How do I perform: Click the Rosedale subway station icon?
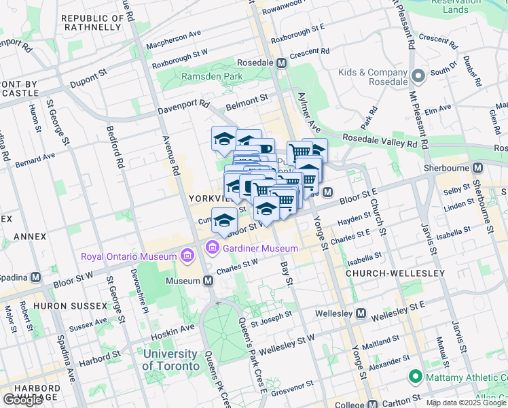point(282,63)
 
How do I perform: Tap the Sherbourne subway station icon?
point(477,168)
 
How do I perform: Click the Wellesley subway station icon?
point(361,313)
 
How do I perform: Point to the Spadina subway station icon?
point(35,277)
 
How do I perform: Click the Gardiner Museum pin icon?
point(213,248)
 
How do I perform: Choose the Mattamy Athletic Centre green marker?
point(414,376)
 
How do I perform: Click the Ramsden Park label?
point(212,77)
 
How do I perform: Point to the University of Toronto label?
point(170,360)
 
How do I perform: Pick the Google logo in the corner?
point(22,400)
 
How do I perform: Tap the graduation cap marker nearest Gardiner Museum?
point(224,220)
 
